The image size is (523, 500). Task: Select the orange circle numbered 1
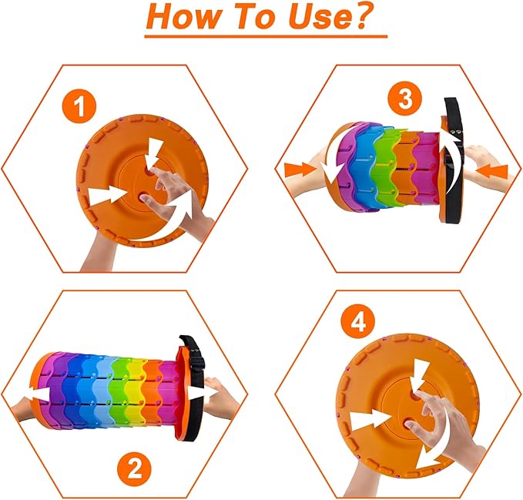pos(79,107)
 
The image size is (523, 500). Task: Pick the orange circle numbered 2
pos(135,469)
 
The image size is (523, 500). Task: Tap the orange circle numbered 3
pos(405,99)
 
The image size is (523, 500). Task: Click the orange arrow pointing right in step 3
pos(300,169)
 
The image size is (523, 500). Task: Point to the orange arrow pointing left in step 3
pos(491,172)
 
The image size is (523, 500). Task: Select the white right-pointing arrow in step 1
pos(108,196)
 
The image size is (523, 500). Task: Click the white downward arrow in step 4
pos(419,376)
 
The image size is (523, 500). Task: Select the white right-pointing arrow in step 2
pos(199,393)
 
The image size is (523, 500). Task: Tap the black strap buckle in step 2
pos(196,363)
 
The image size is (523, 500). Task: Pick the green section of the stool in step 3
pos(386,166)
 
